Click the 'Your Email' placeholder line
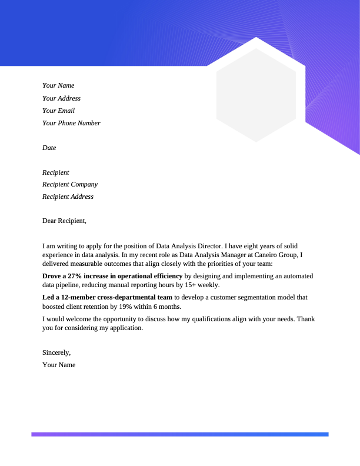(58, 111)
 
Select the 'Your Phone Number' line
(71, 123)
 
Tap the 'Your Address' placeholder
(61, 98)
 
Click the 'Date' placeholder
(49, 148)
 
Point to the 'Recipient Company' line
(70, 184)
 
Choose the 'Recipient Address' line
(68, 197)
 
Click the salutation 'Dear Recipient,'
(64, 221)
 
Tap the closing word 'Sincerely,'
(56, 352)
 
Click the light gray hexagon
(256, 95)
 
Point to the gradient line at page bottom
(179, 434)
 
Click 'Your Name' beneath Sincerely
(59, 365)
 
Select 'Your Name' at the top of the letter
(58, 86)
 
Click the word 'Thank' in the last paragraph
(306, 319)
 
